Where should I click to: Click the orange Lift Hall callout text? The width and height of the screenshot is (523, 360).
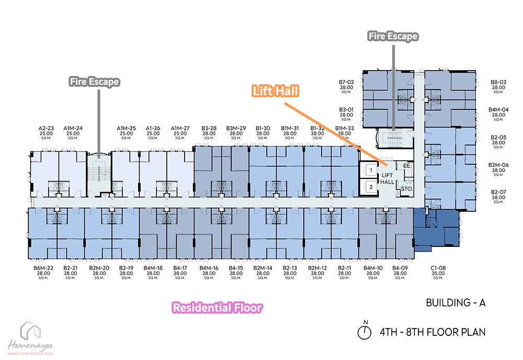275,91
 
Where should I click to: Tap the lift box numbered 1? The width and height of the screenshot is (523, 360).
370,170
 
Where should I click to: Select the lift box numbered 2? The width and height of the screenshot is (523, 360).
370,186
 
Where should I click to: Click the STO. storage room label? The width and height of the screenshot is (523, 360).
407,189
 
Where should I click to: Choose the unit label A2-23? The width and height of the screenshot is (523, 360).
47,128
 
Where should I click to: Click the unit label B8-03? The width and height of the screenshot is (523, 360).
498,82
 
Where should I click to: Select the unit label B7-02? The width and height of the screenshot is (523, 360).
346,82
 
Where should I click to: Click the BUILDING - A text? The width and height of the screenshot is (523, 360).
456,303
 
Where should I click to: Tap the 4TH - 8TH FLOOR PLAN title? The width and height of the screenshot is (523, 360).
433,332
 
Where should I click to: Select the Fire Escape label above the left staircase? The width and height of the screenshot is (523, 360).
95,82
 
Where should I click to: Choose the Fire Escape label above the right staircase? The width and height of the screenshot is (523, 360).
393,36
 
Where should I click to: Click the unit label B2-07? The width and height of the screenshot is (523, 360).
498,192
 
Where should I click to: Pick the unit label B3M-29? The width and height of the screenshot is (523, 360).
236,128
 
